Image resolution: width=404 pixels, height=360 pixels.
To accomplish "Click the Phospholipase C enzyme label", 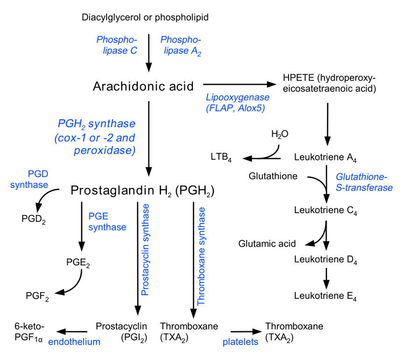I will coord(117,45).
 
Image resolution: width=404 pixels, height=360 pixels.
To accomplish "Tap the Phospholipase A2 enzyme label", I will coord(181,45).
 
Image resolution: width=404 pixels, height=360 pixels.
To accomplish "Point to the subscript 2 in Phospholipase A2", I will coord(199,54).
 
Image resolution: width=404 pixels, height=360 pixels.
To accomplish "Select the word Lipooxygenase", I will coord(237,97).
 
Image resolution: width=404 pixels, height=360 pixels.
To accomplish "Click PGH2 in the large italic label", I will coord(71,124).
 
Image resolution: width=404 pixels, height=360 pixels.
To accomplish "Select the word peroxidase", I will coord(104,151).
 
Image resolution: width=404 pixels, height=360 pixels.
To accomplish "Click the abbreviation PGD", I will coord(38,174).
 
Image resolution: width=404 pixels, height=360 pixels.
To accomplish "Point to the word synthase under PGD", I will coord(29,185).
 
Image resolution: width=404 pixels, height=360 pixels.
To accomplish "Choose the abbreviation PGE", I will coord(98,216).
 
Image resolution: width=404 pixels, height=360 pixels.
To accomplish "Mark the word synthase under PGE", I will coord(107,227).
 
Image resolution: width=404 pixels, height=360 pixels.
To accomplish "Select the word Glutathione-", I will coord(361,177).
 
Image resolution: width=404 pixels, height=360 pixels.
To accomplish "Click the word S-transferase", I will coord(364,187).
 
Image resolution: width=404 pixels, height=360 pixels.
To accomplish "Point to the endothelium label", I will coord(74,341).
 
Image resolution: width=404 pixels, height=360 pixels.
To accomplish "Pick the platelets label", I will coord(240,342).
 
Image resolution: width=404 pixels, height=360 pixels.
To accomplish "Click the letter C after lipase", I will coord(134,50).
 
